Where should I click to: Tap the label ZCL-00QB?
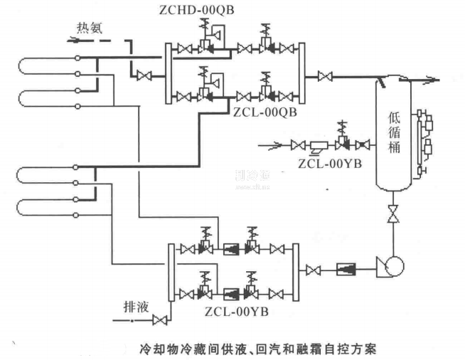[264, 112]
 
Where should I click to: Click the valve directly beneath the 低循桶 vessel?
[390, 214]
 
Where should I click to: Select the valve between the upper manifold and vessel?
[325, 75]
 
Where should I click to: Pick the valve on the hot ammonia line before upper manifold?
[144, 75]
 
